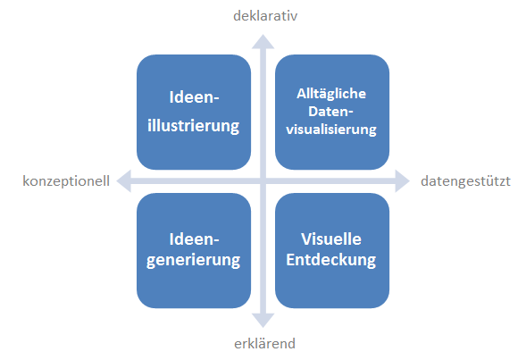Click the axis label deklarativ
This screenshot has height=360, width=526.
point(265,16)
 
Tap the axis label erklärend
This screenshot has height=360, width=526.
point(264,344)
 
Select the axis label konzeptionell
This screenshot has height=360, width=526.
point(66,181)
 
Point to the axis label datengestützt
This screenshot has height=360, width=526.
point(465,181)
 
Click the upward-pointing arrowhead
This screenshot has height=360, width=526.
point(263,42)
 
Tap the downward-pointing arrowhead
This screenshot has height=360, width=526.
point(263,321)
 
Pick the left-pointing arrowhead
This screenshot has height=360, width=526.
point(124,180)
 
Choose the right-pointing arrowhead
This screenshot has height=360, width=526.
point(402,180)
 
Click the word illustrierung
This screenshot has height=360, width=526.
point(194,126)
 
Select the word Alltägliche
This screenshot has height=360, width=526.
point(331,94)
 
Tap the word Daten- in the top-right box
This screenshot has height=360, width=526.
point(330,112)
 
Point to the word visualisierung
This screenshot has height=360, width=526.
point(331,130)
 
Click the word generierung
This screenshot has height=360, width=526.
point(194,260)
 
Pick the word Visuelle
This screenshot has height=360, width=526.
point(331,239)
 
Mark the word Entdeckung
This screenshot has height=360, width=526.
point(331,260)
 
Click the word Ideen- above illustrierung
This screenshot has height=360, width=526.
point(194,97)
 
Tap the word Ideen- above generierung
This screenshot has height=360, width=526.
point(194,239)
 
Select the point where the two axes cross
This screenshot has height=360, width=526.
point(263,180)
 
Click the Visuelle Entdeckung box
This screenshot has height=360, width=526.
point(332,251)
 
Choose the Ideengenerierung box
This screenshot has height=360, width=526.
point(194,251)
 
